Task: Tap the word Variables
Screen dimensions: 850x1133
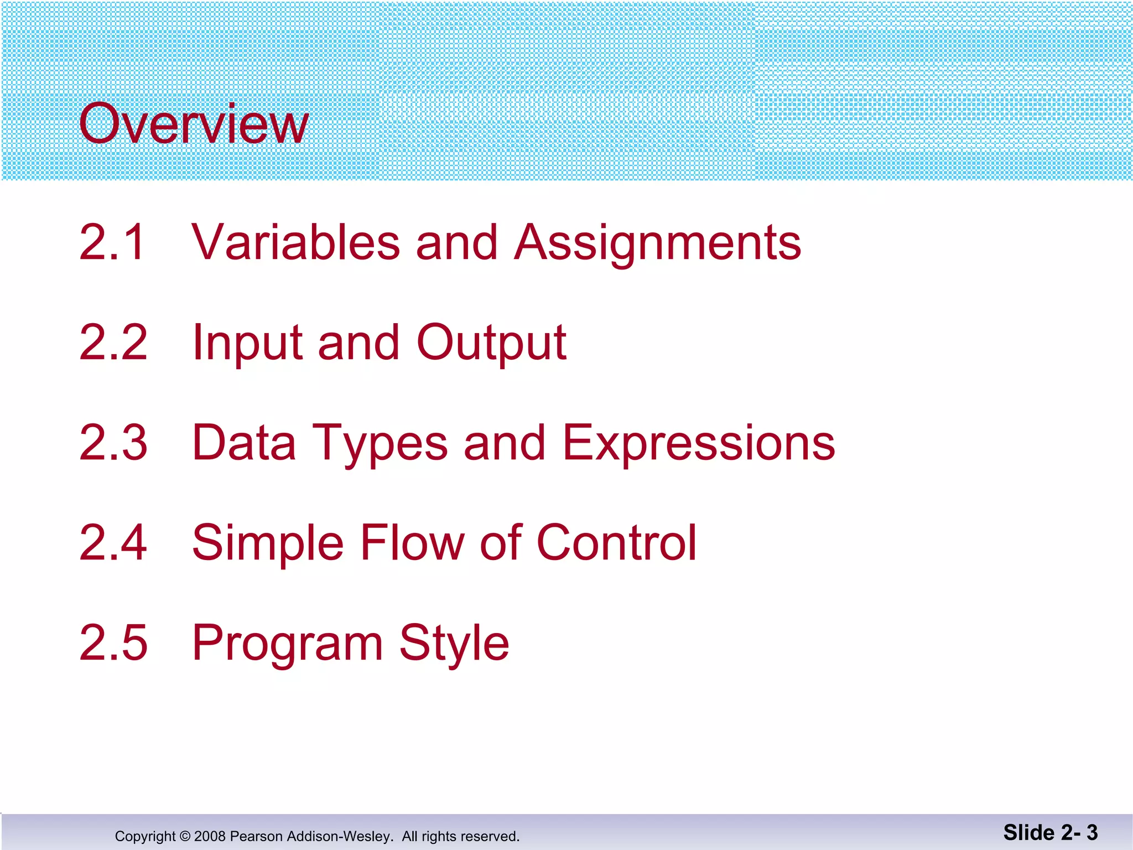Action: click(295, 242)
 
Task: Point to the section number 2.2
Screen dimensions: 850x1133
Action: click(113, 343)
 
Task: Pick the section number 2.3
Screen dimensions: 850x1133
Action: click(113, 443)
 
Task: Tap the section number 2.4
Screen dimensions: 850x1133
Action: click(113, 543)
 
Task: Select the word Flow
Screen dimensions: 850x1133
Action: click(412, 543)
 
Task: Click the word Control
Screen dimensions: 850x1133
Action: click(616, 543)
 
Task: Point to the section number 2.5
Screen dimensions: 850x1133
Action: click(113, 643)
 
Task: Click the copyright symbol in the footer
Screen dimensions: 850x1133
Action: click(185, 836)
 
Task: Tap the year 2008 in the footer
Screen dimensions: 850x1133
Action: click(210, 836)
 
